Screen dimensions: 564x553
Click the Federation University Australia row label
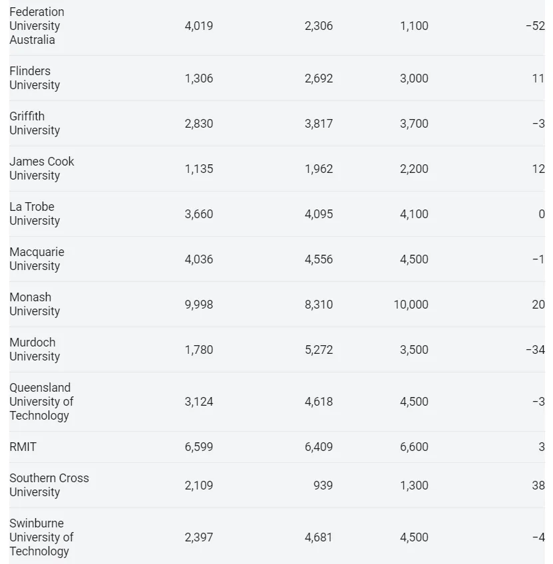[37, 26]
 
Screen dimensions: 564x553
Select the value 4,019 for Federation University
[199, 26]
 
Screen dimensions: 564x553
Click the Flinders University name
[35, 78]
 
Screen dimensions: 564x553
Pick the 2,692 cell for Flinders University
[319, 78]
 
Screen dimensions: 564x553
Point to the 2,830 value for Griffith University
[199, 124]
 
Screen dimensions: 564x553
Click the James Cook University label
[41, 168]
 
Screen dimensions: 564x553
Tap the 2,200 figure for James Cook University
[414, 169]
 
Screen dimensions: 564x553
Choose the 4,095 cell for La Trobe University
[319, 214]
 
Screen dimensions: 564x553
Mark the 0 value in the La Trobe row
[542, 214]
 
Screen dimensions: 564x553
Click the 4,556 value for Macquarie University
[319, 259]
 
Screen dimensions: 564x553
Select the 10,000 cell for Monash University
[411, 305]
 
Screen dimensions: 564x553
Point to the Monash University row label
[35, 304]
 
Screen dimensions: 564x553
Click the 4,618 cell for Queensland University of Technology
[319, 402]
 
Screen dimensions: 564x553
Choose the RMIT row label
[23, 447]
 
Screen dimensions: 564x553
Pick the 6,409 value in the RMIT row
[319, 447]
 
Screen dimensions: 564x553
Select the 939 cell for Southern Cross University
[323, 486]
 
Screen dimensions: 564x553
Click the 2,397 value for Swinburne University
[199, 537]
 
